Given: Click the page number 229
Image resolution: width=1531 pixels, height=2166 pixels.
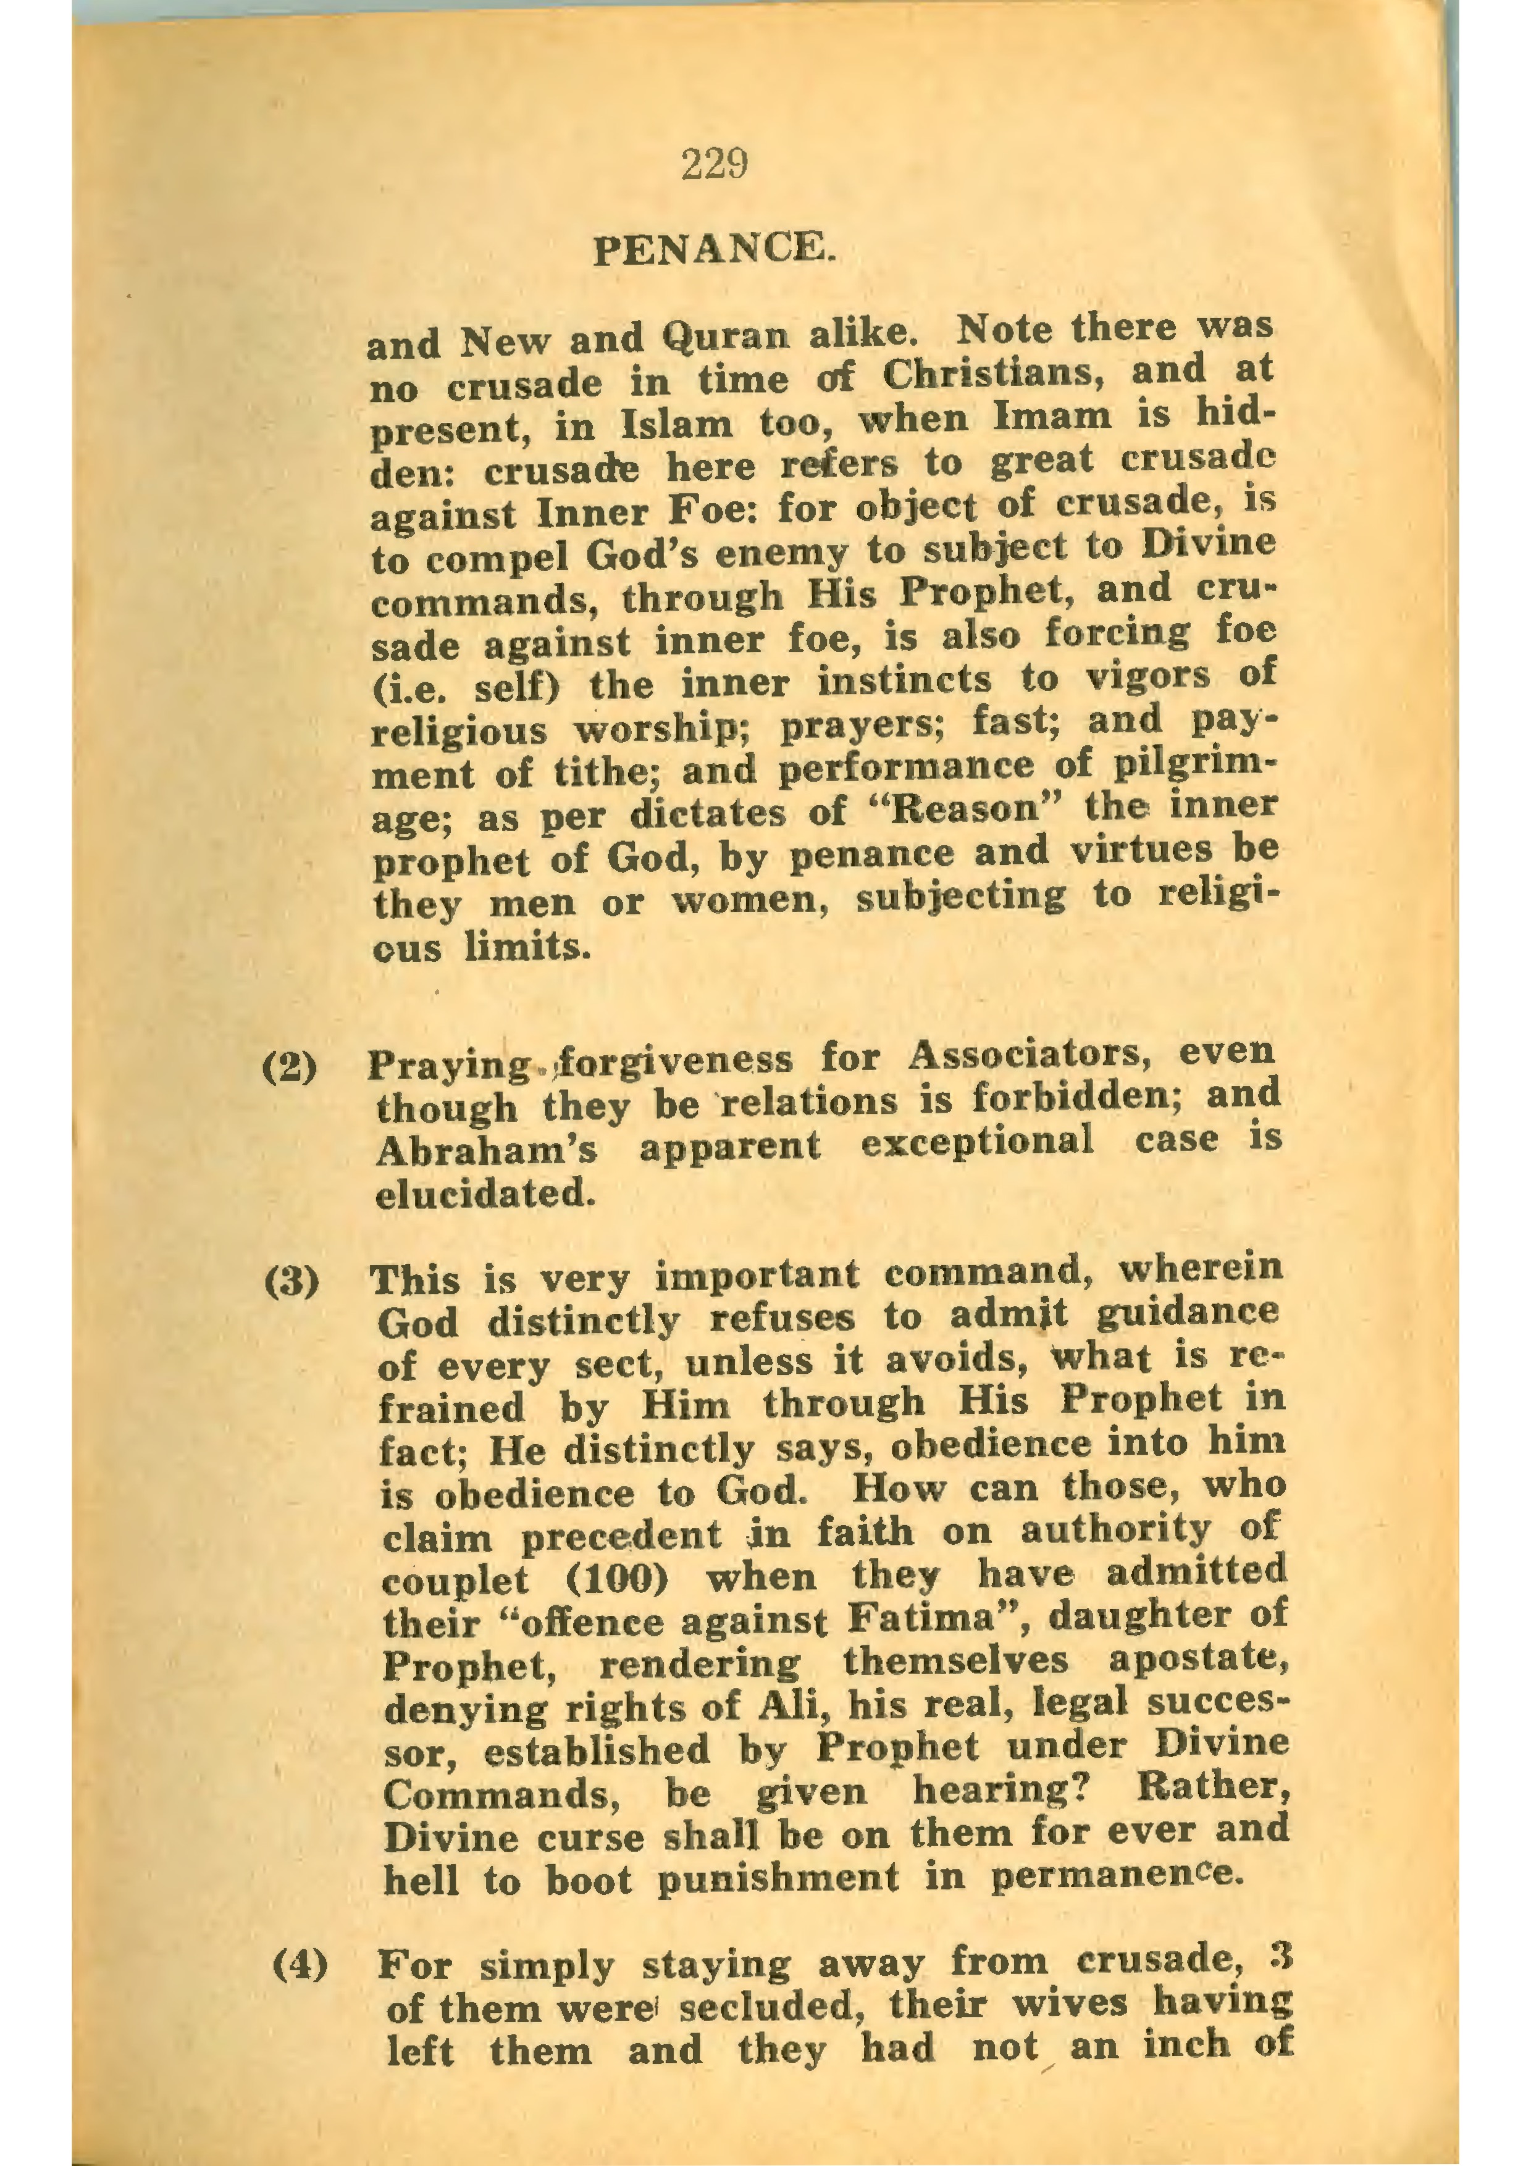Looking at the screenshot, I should tap(713, 165).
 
